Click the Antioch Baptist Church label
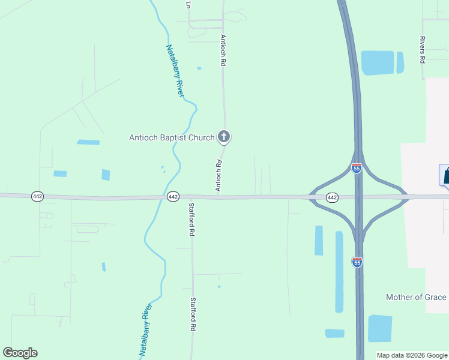(172, 137)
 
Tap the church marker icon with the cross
(224, 137)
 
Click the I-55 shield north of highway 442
(357, 169)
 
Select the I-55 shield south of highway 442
(357, 262)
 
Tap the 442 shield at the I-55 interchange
(332, 197)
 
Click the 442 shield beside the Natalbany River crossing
(173, 197)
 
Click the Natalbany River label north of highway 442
(175, 71)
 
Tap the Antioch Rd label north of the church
(223, 50)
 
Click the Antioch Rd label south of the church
(219, 175)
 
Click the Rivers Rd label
(423, 49)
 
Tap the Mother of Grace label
(416, 297)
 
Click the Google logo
(20, 353)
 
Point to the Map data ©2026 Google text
(411, 355)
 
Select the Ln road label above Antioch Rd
(188, 4)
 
